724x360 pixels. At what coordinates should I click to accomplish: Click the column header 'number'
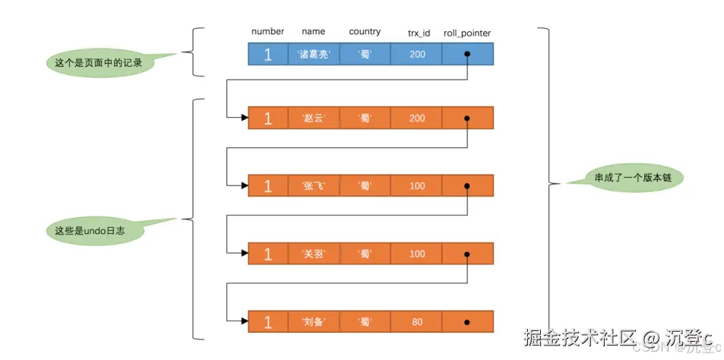pyautogui.click(x=267, y=31)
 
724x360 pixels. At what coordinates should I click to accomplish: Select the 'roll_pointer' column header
pyautogui.click(x=466, y=33)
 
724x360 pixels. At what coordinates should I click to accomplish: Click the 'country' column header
pyautogui.click(x=365, y=31)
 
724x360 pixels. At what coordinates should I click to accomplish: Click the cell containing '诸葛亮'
pyautogui.click(x=314, y=54)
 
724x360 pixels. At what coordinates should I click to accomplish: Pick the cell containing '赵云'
pyautogui.click(x=314, y=118)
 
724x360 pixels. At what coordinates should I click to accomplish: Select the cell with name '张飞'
pyautogui.click(x=314, y=186)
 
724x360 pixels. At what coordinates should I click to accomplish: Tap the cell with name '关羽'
pyautogui.click(x=314, y=254)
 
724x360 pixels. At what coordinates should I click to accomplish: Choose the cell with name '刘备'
pyautogui.click(x=314, y=321)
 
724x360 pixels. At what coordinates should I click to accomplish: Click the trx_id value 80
pyautogui.click(x=417, y=321)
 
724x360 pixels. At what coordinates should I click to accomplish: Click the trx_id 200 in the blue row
pyautogui.click(x=417, y=54)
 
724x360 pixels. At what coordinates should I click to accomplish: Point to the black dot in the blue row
pyautogui.click(x=466, y=54)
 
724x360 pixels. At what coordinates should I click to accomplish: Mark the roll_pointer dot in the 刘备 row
pyautogui.click(x=466, y=321)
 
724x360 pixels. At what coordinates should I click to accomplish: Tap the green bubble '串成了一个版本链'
pyautogui.click(x=635, y=178)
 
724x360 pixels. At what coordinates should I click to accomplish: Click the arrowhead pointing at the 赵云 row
pyautogui.click(x=243, y=118)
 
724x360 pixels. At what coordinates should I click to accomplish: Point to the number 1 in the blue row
pyautogui.click(x=267, y=54)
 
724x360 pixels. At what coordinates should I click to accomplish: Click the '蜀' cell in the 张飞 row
pyautogui.click(x=365, y=186)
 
